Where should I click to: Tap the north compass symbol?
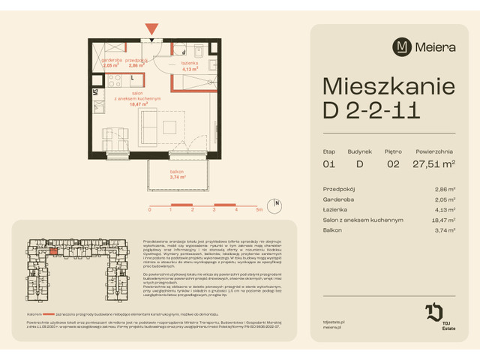point(277,204)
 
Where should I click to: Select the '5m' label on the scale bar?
point(258,211)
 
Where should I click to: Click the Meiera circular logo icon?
point(403,46)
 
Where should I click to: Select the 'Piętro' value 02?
point(394,165)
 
